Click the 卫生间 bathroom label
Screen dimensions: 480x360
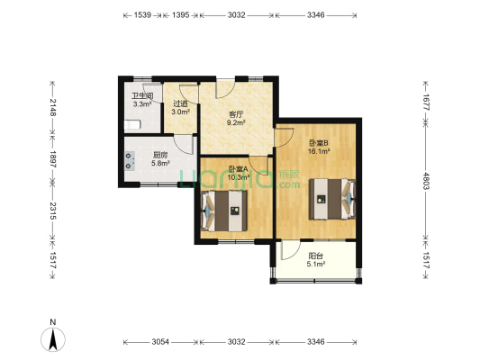tap(142, 96)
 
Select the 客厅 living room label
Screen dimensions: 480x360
tap(236, 115)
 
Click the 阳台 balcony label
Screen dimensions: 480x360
tap(316, 256)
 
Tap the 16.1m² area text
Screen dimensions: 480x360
tap(319, 151)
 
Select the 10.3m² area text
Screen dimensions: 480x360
tap(238, 176)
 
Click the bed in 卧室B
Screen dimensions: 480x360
tap(332, 199)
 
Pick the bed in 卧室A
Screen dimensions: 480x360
tap(224, 211)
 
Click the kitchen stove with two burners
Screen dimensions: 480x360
tap(130, 161)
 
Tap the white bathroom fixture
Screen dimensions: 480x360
tap(132, 124)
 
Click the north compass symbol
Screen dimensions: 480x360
tap(53, 339)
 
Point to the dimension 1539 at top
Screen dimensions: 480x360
tap(142, 15)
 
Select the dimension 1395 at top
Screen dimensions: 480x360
tap(181, 15)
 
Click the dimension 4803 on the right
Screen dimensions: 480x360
tap(425, 181)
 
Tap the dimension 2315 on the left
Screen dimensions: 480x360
tap(52, 211)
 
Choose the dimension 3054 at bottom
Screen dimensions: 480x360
tap(160, 342)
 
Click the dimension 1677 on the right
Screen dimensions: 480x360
tap(425, 103)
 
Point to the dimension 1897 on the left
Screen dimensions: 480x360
tap(52, 159)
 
